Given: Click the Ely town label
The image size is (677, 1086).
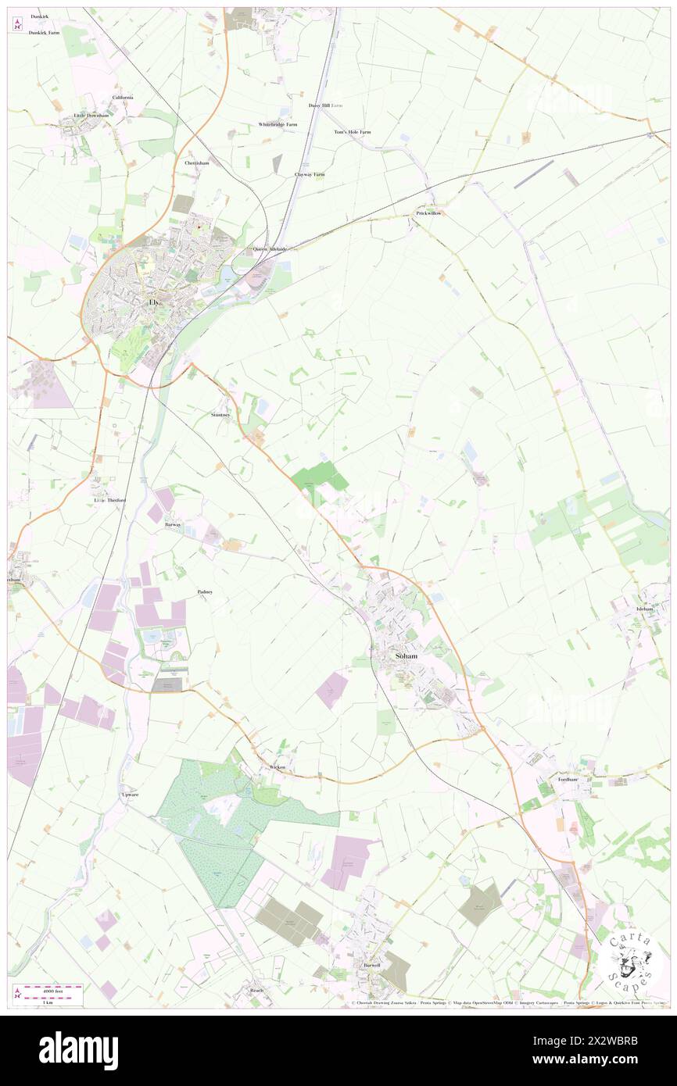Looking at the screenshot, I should click(154, 302).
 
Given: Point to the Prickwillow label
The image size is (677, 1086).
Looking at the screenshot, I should click(428, 213).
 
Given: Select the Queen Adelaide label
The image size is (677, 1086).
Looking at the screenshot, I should click(270, 249).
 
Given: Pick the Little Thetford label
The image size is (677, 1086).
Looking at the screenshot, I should click(109, 500).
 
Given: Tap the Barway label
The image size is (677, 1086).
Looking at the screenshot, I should click(173, 525).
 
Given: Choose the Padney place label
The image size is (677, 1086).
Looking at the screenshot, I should click(206, 592).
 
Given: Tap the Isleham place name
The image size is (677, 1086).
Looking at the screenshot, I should click(649, 608).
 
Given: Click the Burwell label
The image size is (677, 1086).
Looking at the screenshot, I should click(371, 965).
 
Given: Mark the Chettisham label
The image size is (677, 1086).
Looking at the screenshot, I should click(197, 163).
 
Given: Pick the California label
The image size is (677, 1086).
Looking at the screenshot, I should click(123, 97).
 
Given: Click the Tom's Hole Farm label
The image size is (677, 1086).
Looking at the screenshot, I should click(353, 132).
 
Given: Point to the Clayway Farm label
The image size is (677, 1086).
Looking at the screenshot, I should click(309, 174).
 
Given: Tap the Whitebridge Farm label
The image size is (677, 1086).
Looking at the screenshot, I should click(278, 124).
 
